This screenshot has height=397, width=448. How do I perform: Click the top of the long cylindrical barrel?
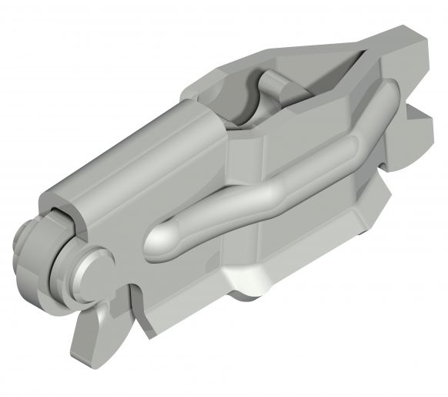(131, 154)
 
